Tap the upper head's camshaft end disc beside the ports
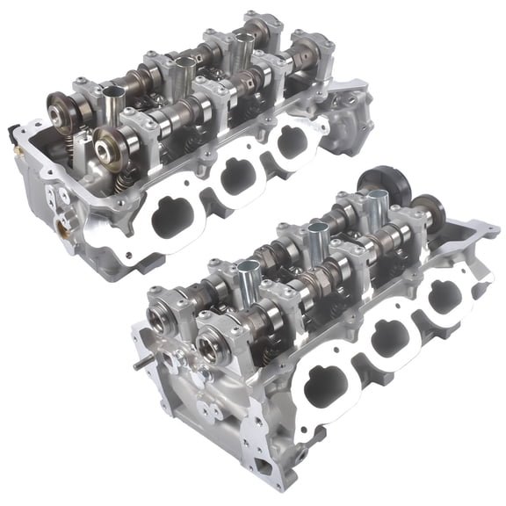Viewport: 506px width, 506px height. point(112,144)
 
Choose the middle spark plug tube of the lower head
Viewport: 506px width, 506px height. point(316,241)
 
